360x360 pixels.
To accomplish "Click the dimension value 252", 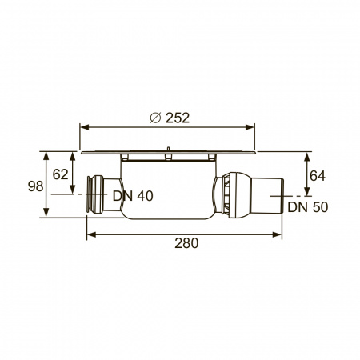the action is click(178, 118).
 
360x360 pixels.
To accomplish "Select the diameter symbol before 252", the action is click(155, 118).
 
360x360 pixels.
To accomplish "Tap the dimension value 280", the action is click(186, 243).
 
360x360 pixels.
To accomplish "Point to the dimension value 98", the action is click(36, 186).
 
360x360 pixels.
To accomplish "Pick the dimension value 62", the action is click(60, 174).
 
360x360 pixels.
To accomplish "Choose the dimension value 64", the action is click(318, 176).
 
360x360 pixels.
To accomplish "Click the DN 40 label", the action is click(133, 196).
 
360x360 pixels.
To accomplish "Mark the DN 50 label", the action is click(308, 207).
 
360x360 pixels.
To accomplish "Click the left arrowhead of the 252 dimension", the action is click(84, 127).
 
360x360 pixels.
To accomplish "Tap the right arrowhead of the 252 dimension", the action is click(250, 127).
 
